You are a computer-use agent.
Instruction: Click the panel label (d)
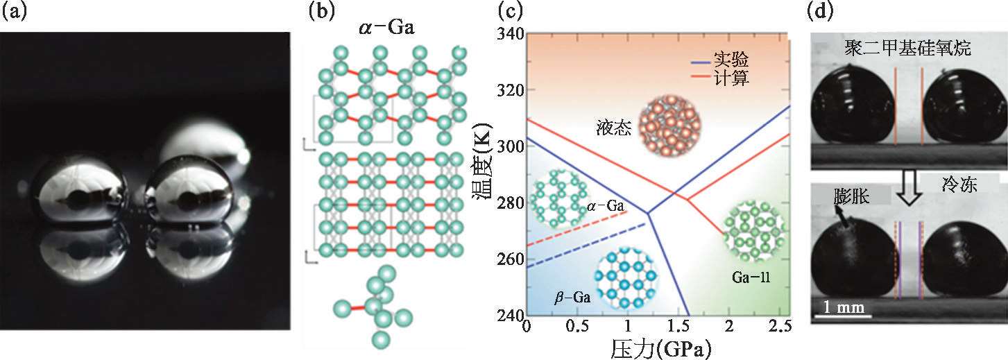pyautogui.click(x=823, y=12)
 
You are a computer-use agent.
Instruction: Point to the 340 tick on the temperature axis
pyautogui.click(x=509, y=33)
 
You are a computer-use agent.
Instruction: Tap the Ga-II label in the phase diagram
pyautogui.click(x=751, y=278)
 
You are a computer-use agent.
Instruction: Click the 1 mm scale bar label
pyautogui.click(x=839, y=306)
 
